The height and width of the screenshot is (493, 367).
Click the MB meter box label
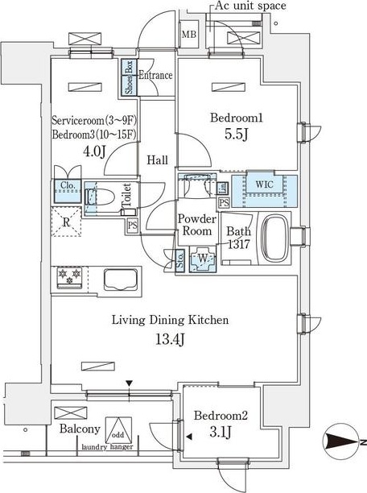coord(189,35)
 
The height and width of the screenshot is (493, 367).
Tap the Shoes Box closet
coord(129,77)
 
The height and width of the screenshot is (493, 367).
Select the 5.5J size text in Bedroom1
coord(237,135)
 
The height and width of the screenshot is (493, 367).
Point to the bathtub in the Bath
coord(274,238)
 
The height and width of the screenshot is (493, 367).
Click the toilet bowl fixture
coord(99,198)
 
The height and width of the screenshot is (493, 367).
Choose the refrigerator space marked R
coord(66,222)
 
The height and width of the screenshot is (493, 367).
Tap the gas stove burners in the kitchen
coord(70,277)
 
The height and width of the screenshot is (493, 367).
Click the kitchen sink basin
coord(121,280)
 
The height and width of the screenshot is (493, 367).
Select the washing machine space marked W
coord(203,259)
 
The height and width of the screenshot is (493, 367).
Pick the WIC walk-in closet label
coord(264,184)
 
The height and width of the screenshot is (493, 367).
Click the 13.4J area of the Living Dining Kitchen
coord(170,339)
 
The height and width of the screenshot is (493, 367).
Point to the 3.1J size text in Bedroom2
coord(221,432)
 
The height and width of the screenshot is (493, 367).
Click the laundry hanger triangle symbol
coord(118,430)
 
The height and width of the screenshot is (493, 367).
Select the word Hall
coord(158,160)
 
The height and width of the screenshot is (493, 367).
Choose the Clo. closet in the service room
coord(68,191)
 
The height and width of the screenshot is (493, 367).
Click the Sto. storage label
coord(180,259)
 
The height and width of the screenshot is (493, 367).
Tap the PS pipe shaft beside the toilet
coord(133,225)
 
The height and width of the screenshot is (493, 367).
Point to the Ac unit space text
coord(250,6)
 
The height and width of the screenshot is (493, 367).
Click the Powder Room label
coord(197,225)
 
